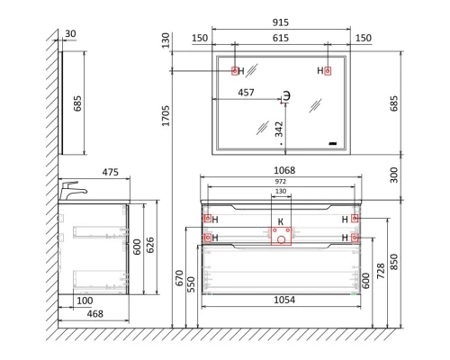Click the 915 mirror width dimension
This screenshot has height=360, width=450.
point(281,22)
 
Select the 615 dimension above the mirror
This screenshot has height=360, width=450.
point(281,38)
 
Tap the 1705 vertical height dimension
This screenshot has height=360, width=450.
point(166,115)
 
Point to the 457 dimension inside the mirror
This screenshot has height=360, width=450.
point(246,93)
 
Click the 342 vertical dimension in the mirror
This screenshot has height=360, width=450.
point(279,129)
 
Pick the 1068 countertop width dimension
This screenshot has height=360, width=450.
point(284,170)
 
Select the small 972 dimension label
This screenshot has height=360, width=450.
point(281,182)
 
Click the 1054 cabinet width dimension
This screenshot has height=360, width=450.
point(284,300)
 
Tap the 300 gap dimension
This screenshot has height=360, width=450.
point(393,175)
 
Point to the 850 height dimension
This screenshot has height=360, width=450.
point(393,262)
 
